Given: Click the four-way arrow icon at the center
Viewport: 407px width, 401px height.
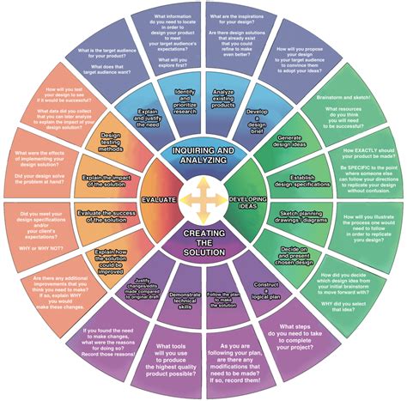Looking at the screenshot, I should tap(203, 199).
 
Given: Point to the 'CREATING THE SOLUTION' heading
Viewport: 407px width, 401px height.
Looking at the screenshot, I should tap(203, 243).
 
